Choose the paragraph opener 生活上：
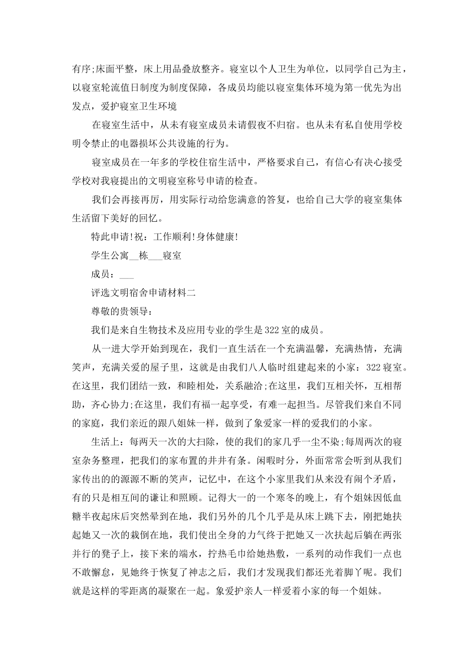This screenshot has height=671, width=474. click(108, 442)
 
